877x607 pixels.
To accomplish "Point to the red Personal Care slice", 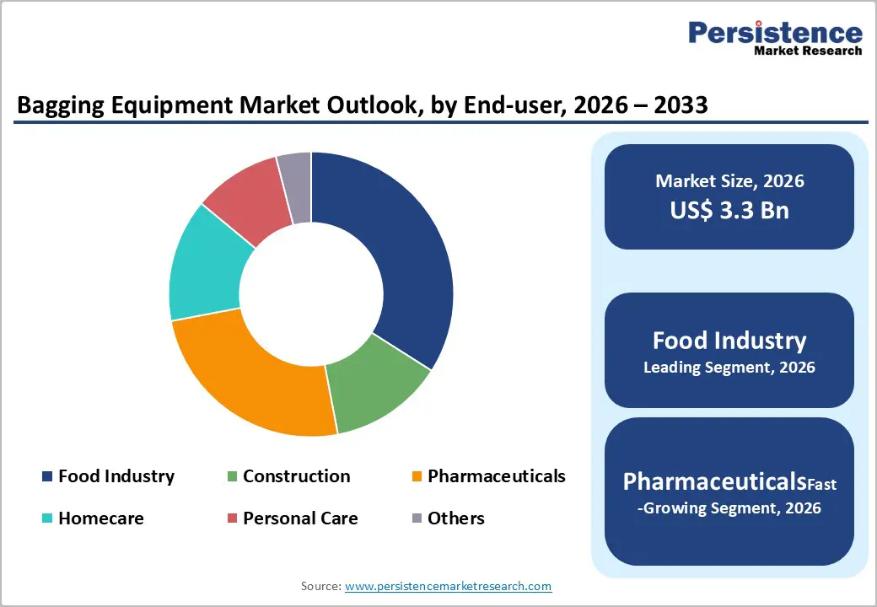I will (245, 199).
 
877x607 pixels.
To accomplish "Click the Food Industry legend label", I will (116, 476).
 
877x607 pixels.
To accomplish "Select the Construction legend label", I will (296, 476).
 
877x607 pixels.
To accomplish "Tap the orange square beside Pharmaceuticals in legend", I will (417, 477).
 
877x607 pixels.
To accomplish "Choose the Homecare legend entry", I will (100, 518).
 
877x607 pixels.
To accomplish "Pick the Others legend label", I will (455, 518).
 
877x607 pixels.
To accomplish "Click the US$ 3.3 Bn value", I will (729, 210).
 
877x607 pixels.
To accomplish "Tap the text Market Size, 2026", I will (729, 181).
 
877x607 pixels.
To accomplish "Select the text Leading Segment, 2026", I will (729, 368).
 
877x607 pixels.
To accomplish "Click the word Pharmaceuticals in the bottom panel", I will (713, 481).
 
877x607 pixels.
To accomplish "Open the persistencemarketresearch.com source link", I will (448, 586).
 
